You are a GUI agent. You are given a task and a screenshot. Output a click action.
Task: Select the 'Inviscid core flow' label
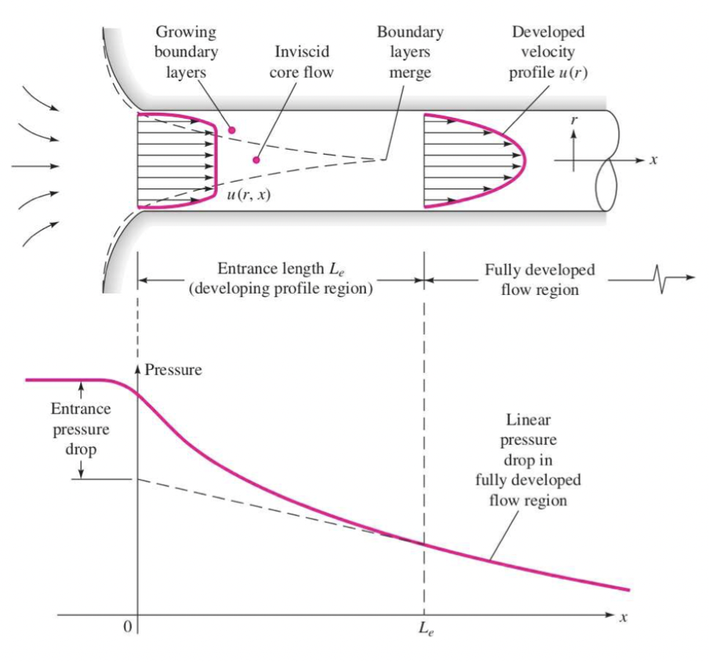pos(302,64)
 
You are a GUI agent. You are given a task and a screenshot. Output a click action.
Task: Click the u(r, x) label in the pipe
pos(245,195)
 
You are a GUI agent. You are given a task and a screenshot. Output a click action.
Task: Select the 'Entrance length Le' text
pos(280,270)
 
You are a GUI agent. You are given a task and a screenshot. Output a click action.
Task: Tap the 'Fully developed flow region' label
pos(539,279)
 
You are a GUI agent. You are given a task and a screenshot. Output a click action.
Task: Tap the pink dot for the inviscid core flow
pos(256,160)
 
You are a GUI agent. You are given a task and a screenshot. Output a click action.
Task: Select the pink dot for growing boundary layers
pos(231,130)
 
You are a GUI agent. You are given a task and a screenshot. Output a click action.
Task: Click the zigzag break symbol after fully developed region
pos(662,279)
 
